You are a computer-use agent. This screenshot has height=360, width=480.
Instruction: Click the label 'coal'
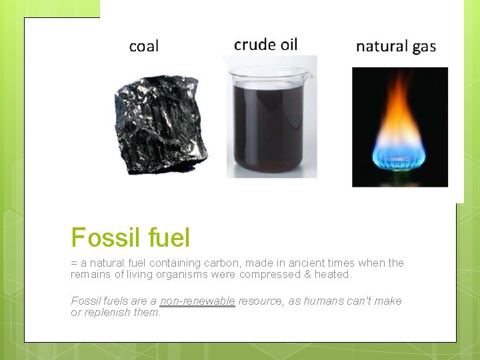[x=144, y=46]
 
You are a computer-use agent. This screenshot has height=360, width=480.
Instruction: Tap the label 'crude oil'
[x=265, y=45]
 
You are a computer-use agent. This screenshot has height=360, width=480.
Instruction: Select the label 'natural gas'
[x=396, y=46]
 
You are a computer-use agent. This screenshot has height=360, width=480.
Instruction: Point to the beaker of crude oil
[x=269, y=120]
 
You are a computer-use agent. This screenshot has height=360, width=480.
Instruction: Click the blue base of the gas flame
[x=400, y=157]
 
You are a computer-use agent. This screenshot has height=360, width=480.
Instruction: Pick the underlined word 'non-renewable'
[x=197, y=301]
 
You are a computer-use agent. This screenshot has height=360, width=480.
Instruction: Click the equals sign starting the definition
[x=74, y=264]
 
